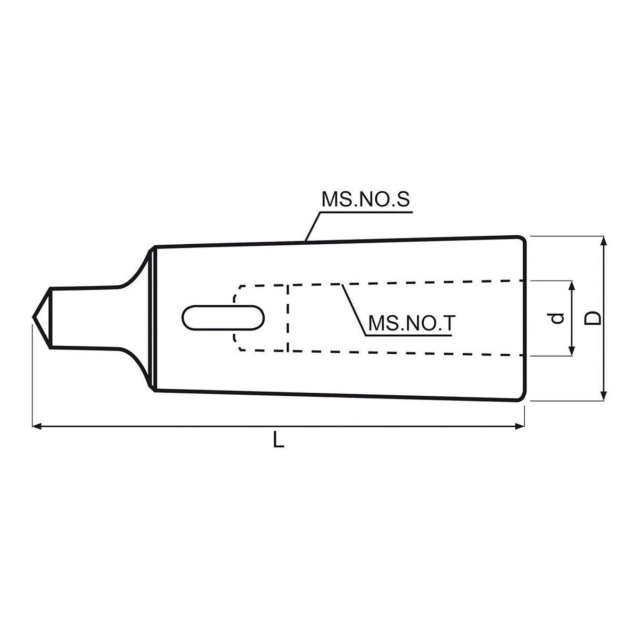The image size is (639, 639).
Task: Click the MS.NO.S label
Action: pos(365,199)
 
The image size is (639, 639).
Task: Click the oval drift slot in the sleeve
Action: pos(223,318)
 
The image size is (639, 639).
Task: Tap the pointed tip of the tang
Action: pos(33,317)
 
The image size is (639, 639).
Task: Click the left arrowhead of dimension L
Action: pos(36,426)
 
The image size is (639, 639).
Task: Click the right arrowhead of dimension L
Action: pos(520,426)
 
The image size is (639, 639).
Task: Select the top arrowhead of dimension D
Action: pos(604,241)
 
